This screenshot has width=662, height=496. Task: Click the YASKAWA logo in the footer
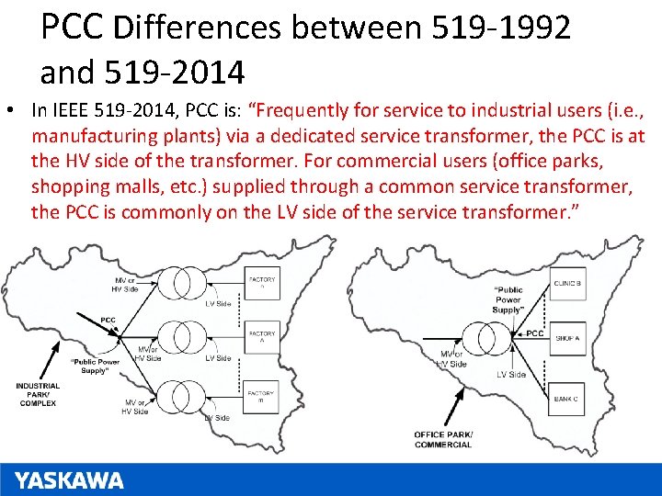(x=69, y=480)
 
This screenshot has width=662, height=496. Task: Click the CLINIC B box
(x=567, y=284)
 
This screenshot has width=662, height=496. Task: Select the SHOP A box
(x=567, y=338)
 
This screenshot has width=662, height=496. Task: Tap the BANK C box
(x=567, y=398)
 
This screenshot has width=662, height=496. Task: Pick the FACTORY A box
(x=262, y=336)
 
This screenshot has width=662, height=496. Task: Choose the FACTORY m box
(x=262, y=398)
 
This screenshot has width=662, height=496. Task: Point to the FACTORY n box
(x=262, y=282)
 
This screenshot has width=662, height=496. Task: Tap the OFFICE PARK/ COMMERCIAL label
(x=442, y=439)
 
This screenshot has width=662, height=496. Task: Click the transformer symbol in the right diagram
(x=492, y=335)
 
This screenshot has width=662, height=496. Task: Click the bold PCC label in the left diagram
(x=108, y=321)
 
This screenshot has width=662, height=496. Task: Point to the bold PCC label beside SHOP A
(x=534, y=333)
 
